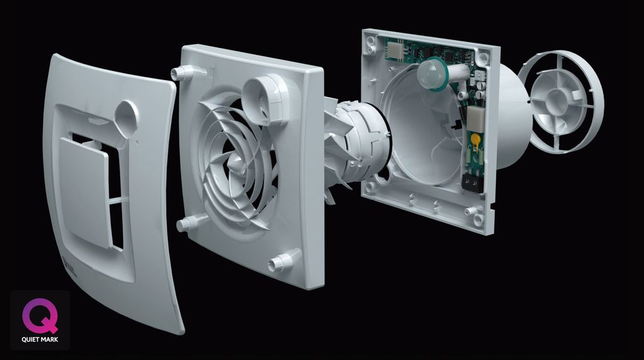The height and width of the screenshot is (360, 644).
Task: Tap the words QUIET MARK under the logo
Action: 40,340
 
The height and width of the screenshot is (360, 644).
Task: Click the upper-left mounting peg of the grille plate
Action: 183,73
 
